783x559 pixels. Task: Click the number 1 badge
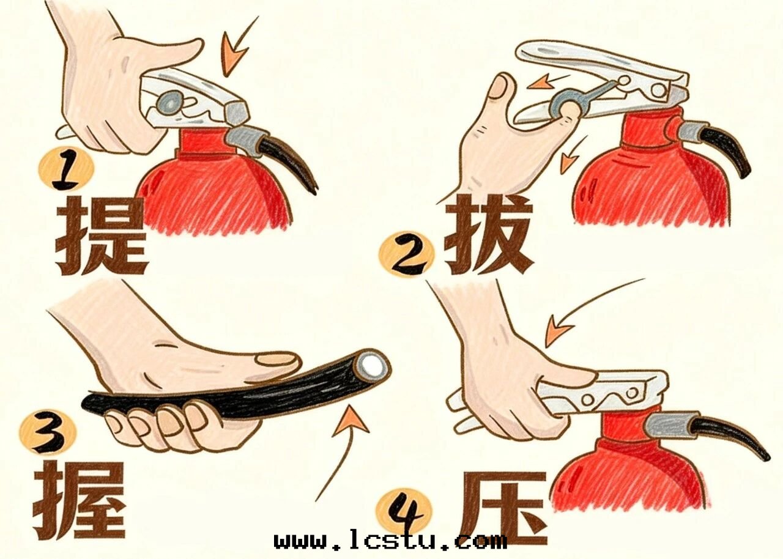[65, 171]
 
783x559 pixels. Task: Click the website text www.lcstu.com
[390, 541]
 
